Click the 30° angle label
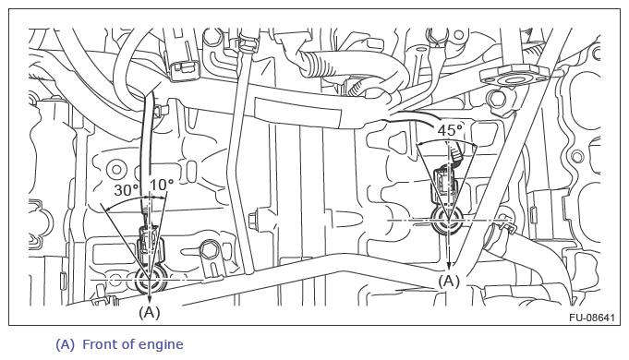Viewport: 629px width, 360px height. [x=126, y=189]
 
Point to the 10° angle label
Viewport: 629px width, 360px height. [x=162, y=185]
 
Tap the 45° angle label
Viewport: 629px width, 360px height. [x=450, y=130]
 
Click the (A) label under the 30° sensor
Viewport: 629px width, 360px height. [x=150, y=311]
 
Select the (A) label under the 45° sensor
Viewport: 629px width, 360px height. [x=449, y=281]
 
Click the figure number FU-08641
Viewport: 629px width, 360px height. [x=592, y=318]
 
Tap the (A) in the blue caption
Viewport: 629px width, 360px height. [x=65, y=344]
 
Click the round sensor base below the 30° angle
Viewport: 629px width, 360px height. [x=150, y=281]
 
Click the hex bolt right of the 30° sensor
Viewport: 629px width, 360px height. [x=209, y=250]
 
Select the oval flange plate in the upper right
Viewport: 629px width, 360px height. [x=514, y=77]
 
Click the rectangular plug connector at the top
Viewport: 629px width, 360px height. [x=184, y=68]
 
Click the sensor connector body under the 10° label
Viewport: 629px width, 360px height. [x=150, y=244]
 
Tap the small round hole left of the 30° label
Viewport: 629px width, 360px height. [x=116, y=170]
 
